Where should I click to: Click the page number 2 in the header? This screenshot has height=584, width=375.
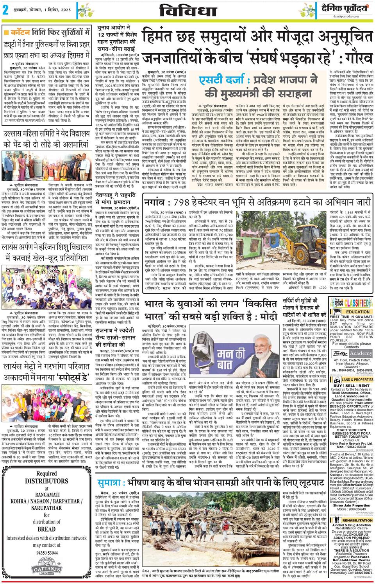click(x=5, y=10)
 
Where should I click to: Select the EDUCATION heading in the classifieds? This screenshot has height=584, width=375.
click(x=357, y=312)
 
